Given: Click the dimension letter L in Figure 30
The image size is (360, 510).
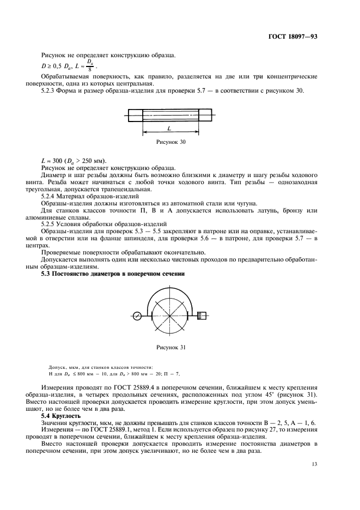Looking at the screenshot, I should point(169,129).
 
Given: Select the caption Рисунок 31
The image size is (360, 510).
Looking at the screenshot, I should point(172,347).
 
